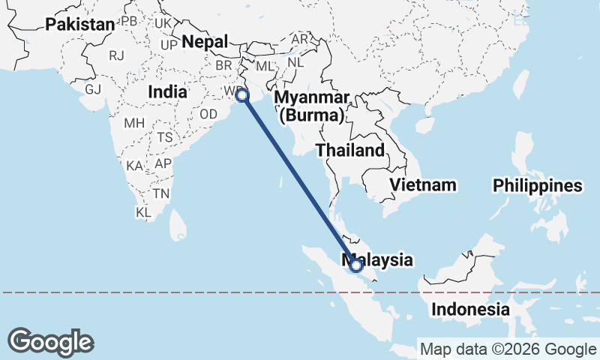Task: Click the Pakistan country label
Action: click(x=80, y=25)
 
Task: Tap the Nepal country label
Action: click(x=204, y=41)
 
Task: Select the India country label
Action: click(x=167, y=91)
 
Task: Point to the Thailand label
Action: click(x=350, y=150)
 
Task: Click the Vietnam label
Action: click(x=423, y=184)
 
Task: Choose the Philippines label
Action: click(x=537, y=186)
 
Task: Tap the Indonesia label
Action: click(x=470, y=309)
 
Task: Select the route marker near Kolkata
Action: click(x=242, y=95)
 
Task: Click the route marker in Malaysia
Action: click(x=356, y=265)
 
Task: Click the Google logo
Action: click(x=51, y=342)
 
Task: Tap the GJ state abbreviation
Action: click(x=93, y=89)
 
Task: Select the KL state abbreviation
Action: click(x=143, y=212)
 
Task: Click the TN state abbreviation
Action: click(x=160, y=193)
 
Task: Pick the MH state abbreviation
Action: click(x=134, y=123)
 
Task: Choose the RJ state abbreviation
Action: click(x=116, y=55)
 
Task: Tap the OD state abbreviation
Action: click(x=208, y=114)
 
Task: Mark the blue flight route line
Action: click(x=299, y=180)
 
